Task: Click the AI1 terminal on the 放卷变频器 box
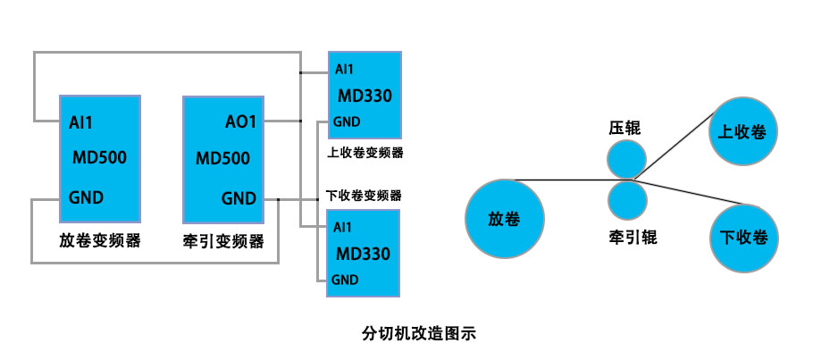[80, 121]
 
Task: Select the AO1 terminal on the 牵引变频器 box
[239, 121]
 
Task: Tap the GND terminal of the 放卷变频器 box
[85, 197]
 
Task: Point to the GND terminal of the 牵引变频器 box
[239, 197]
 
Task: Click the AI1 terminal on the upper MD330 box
[344, 70]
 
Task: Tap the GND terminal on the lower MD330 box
[346, 280]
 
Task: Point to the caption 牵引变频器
[223, 240]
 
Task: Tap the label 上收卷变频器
[360, 152]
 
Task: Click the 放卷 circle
[504, 219]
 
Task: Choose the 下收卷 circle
[744, 237]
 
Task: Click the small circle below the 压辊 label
[625, 159]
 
